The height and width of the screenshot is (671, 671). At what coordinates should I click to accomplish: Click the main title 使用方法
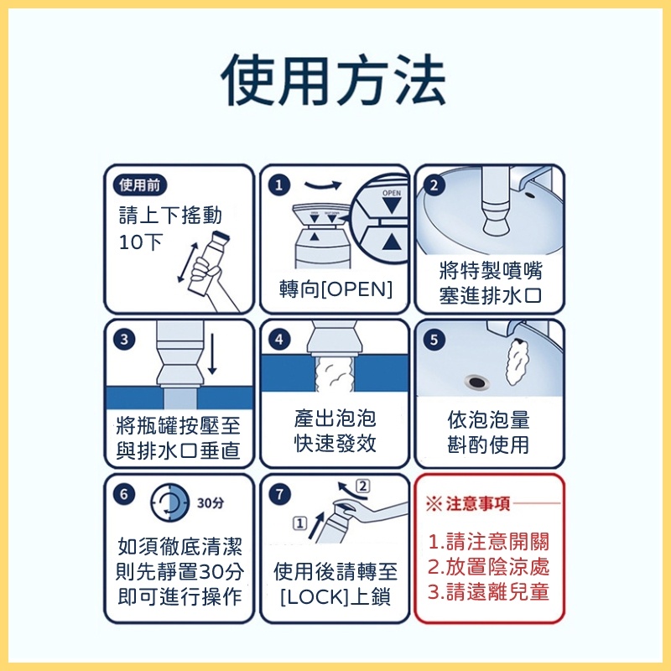click(x=334, y=80)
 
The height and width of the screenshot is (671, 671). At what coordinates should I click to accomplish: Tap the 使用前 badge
click(x=140, y=185)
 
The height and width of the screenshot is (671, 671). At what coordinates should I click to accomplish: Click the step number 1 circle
click(x=279, y=185)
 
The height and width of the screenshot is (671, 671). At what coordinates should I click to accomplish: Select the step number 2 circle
click(x=434, y=185)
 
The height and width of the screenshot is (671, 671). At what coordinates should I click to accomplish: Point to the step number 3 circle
click(x=124, y=340)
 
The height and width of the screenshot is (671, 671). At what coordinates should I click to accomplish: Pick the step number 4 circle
click(x=279, y=340)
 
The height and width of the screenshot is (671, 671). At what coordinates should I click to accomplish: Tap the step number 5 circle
click(x=434, y=340)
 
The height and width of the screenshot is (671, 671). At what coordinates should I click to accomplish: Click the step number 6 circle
click(x=124, y=494)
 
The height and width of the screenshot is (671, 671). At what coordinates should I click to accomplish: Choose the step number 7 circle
click(x=279, y=494)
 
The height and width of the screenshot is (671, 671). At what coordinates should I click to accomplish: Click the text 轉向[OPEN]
click(x=335, y=289)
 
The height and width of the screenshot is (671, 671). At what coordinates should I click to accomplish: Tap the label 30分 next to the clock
click(x=211, y=502)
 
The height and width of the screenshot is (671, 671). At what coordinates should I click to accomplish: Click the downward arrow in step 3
click(x=212, y=354)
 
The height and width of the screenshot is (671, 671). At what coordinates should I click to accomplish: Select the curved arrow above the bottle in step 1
click(x=323, y=185)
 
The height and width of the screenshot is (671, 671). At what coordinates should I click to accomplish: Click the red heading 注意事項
click(x=478, y=504)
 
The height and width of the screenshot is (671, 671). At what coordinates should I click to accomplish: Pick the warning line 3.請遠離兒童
click(x=488, y=592)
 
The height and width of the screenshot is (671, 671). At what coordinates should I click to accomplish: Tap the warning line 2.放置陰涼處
click(x=488, y=567)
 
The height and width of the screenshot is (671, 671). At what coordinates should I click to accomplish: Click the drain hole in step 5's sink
click(x=476, y=382)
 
